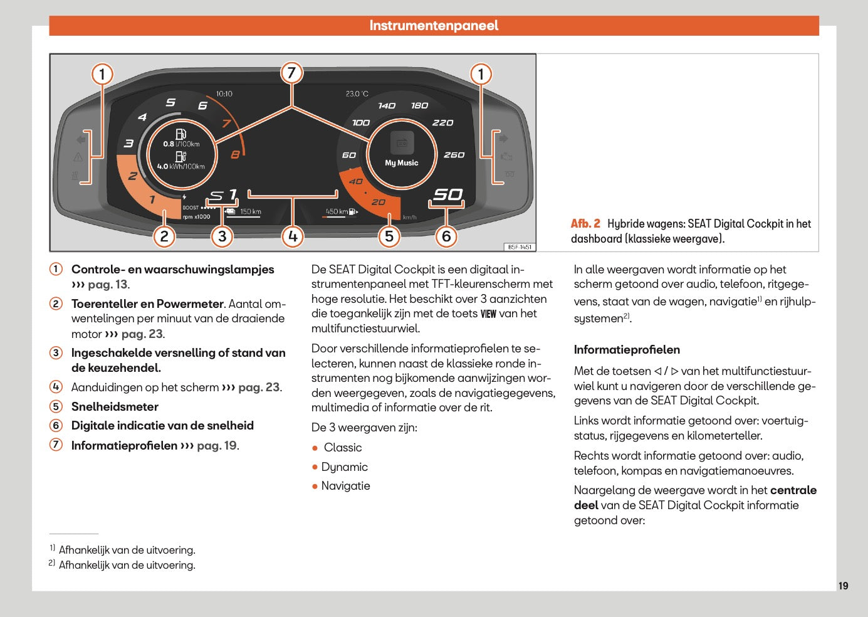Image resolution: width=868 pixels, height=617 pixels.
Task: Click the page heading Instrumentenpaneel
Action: tap(434, 26)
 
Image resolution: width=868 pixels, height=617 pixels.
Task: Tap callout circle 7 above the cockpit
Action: tap(291, 73)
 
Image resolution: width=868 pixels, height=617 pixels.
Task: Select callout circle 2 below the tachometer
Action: tap(164, 236)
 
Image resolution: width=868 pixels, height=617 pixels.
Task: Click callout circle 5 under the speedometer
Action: tap(389, 236)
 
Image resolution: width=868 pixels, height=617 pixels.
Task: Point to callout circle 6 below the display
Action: tap(446, 236)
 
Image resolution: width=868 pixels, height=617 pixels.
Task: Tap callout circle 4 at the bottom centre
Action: tap(293, 236)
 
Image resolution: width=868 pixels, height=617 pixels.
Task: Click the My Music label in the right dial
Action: tap(401, 163)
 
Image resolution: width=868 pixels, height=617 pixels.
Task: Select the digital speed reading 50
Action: tap(448, 195)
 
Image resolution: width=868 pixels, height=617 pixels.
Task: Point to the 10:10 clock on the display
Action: tap(224, 94)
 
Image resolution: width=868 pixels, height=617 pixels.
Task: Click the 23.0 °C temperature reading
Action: tap(357, 94)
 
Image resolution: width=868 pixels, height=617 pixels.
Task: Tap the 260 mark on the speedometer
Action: tap(454, 155)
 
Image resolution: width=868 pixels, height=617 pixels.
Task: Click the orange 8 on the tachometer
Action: tap(235, 154)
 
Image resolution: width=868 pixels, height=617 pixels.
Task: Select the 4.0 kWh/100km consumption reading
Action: tap(180, 167)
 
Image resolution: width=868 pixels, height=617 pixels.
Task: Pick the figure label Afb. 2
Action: tap(585, 224)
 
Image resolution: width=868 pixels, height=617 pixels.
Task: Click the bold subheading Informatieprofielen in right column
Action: tap(627, 350)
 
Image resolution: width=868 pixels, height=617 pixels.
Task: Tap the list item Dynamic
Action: tap(344, 467)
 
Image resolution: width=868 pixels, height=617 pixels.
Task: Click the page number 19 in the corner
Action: tap(843, 586)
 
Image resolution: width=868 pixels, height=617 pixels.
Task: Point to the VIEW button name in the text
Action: tap(488, 314)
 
